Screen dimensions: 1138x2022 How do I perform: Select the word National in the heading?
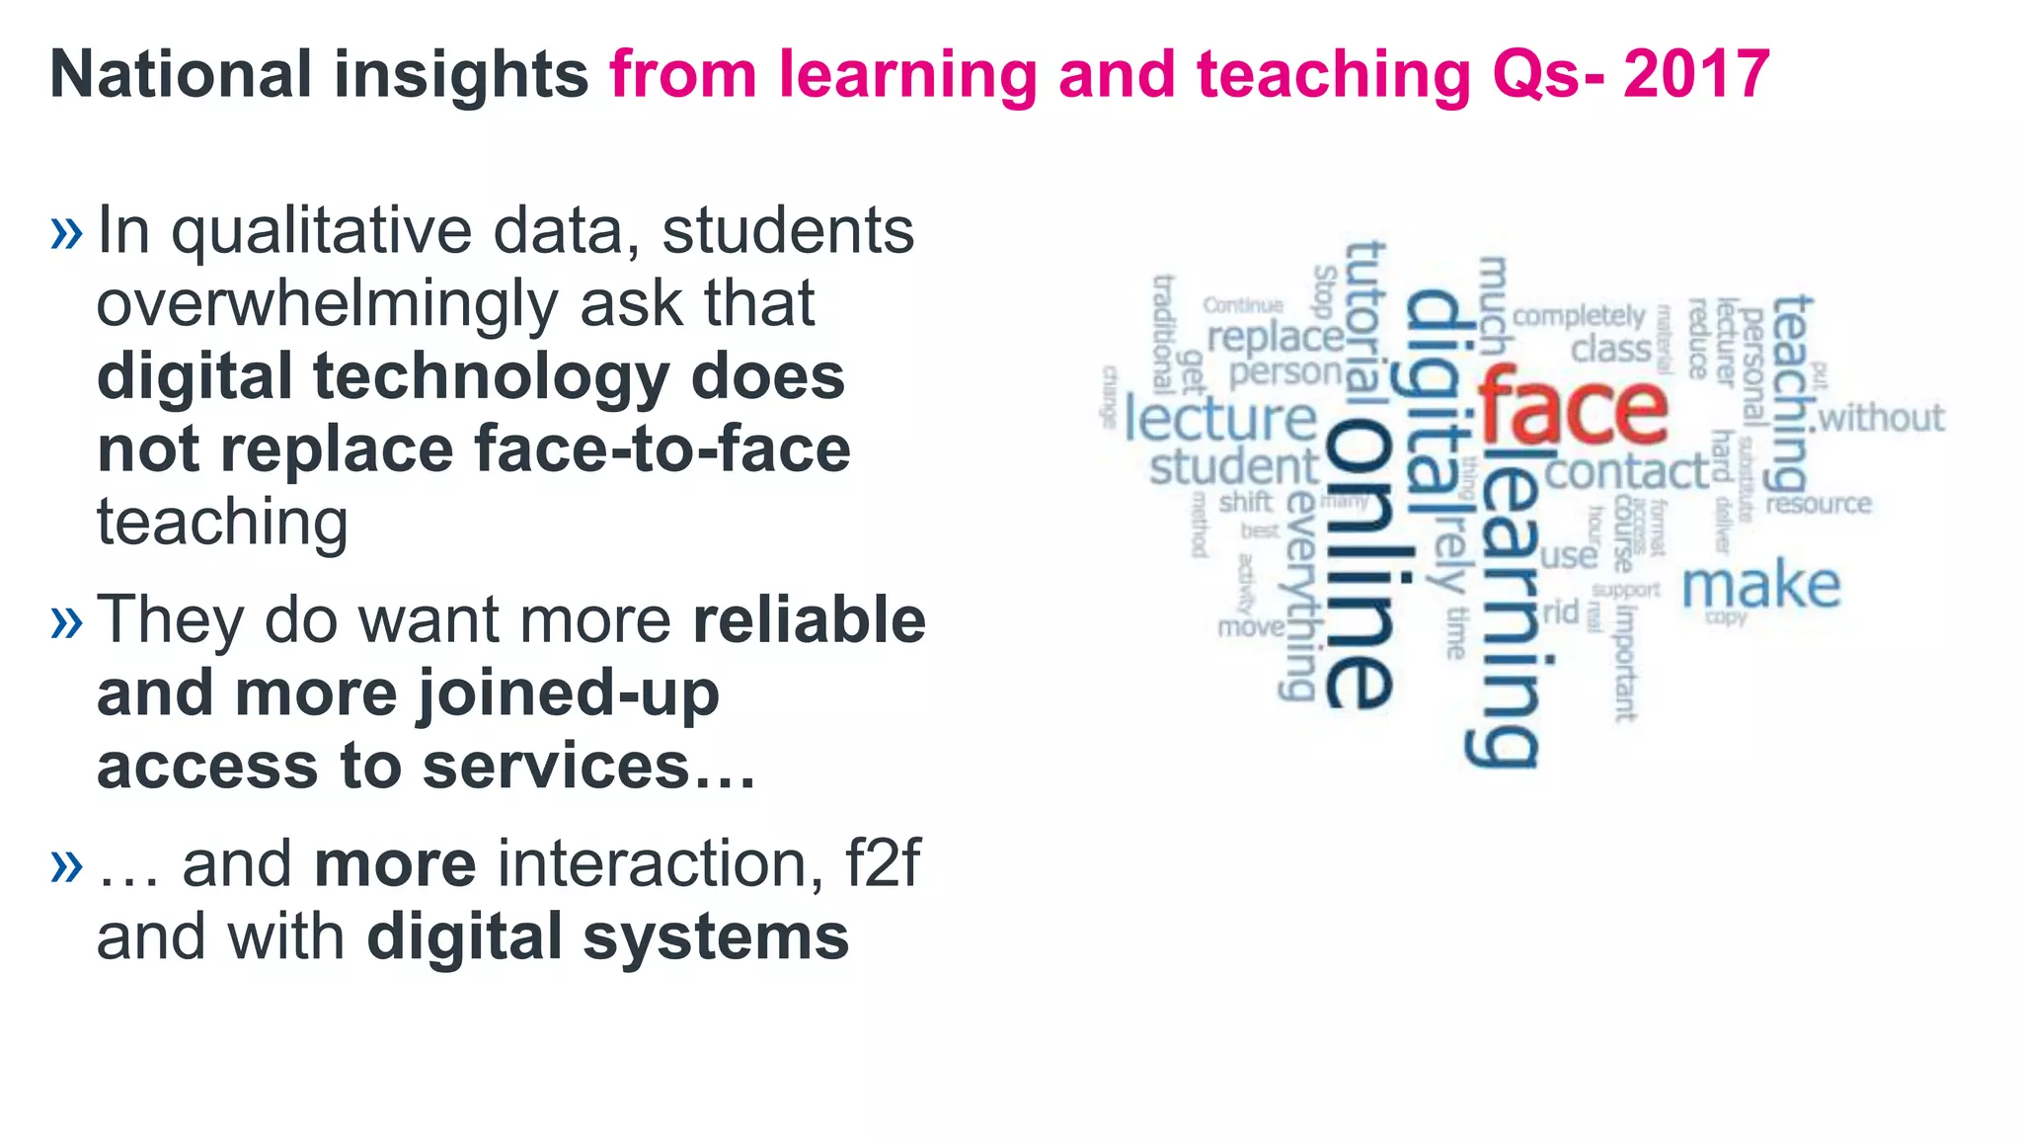pyautogui.click(x=181, y=75)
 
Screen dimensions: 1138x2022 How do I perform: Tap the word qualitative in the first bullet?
pyautogui.click(x=325, y=233)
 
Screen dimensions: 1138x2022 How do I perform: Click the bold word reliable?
pyautogui.click(x=809, y=620)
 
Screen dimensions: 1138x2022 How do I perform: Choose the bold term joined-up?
pyautogui.click(x=568, y=695)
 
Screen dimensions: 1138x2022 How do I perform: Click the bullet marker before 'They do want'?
pyautogui.click(x=66, y=622)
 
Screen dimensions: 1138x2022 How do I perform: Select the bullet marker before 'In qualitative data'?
pyautogui.click(x=66, y=233)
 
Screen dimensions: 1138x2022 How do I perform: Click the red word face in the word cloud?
pyautogui.click(x=1573, y=406)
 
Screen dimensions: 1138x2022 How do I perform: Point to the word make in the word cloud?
pyautogui.click(x=1760, y=586)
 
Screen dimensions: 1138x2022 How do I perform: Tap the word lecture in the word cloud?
pyautogui.click(x=1220, y=419)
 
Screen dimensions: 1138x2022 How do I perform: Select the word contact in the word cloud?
pyautogui.click(x=1626, y=472)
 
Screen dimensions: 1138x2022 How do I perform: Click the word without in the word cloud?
pyautogui.click(x=1881, y=418)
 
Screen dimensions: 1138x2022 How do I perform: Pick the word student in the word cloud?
pyautogui.click(x=1233, y=467)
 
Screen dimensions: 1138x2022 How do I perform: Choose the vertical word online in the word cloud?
pyautogui.click(x=1359, y=563)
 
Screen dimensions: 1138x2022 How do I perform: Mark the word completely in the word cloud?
pyautogui.click(x=1579, y=316)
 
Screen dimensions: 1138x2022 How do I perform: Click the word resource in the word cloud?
pyautogui.click(x=1818, y=505)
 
